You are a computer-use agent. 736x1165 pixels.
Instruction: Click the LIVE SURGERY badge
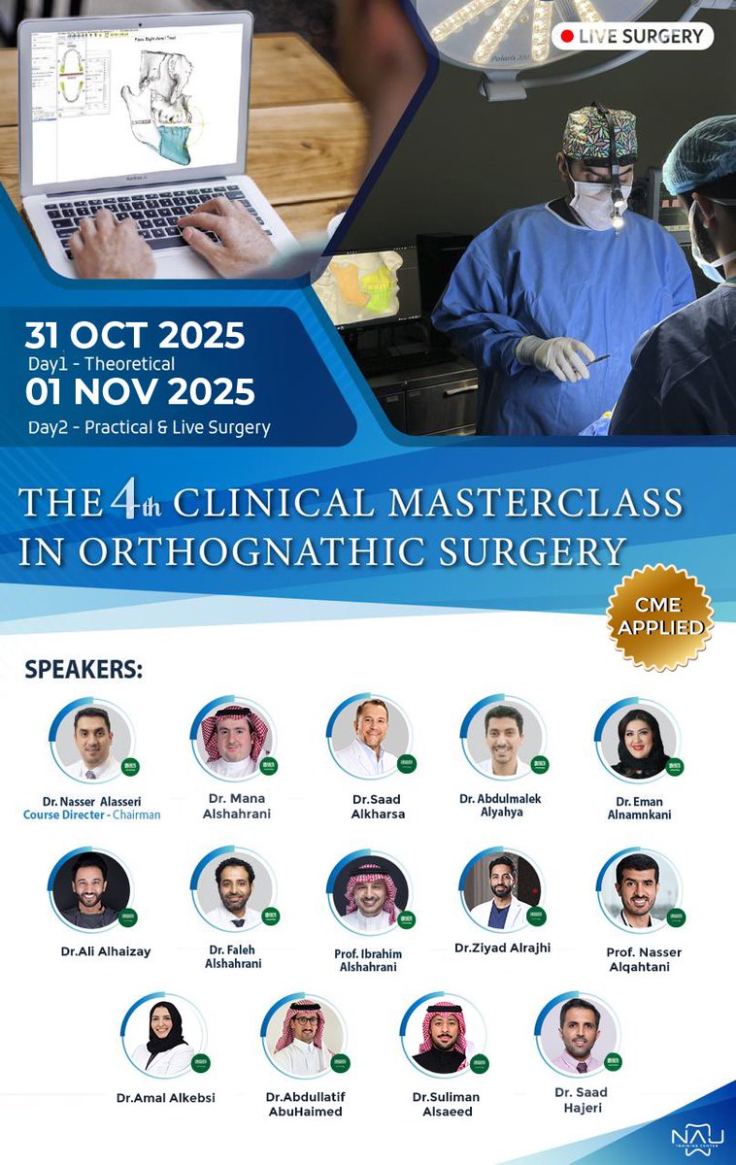(x=631, y=37)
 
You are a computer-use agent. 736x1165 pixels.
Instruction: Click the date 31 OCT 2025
(x=135, y=335)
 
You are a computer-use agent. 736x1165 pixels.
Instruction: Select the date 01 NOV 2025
(x=140, y=392)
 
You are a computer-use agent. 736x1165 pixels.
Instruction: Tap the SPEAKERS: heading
(x=84, y=670)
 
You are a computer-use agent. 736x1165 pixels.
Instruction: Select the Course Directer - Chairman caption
(x=92, y=815)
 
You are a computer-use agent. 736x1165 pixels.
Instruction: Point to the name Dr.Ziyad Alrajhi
(x=502, y=948)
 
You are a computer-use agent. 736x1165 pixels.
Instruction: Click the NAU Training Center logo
(x=691, y=1137)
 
